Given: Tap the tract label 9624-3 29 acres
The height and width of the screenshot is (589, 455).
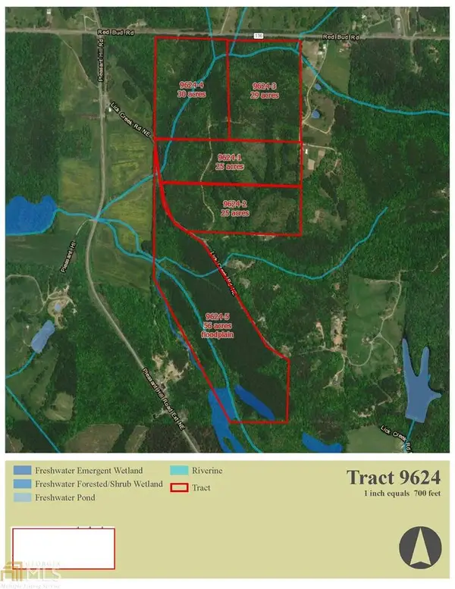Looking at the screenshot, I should pyautogui.click(x=265, y=91).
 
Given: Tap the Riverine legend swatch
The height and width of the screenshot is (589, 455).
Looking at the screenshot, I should pyautogui.click(x=180, y=471).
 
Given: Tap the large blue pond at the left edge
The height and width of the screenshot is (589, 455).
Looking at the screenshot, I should pyautogui.click(x=29, y=215).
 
